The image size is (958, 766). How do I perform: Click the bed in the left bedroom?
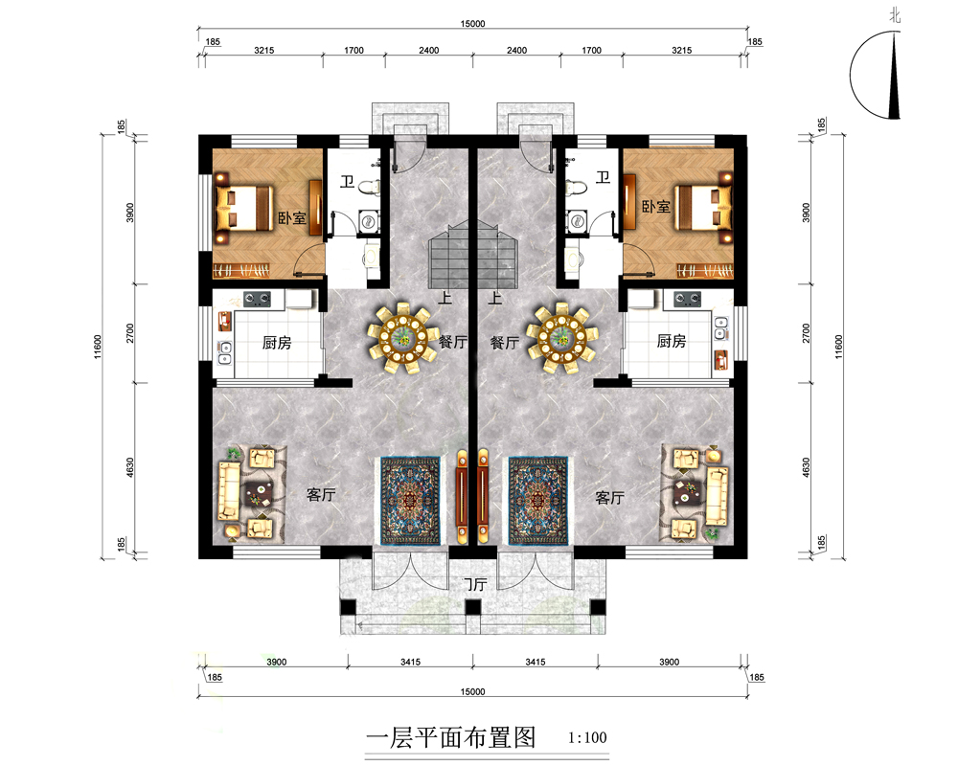pyautogui.click(x=243, y=209)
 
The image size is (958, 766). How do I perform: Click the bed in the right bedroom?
pyautogui.click(x=703, y=209)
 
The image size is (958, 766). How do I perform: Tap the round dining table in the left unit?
pyautogui.click(x=402, y=337)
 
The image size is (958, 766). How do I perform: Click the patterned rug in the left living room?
pyautogui.click(x=410, y=501)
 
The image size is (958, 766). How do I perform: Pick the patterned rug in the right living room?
pyautogui.click(x=537, y=501)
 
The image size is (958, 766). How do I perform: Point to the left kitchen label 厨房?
pyautogui.click(x=277, y=343)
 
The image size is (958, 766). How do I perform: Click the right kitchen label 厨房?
pyautogui.click(x=671, y=341)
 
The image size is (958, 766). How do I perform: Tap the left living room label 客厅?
pyautogui.click(x=321, y=494)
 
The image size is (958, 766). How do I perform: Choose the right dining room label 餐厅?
pyautogui.click(x=505, y=343)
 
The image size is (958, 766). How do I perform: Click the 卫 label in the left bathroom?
pyautogui.click(x=347, y=181)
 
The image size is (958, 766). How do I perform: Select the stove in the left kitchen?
pyautogui.click(x=257, y=300)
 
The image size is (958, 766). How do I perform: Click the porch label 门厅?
pyautogui.click(x=474, y=585)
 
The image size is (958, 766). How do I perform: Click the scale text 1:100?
pyautogui.click(x=587, y=738)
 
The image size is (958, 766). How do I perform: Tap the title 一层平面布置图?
pyautogui.click(x=451, y=738)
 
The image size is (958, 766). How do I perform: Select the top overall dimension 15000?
pyautogui.click(x=472, y=24)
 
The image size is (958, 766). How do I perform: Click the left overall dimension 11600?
pyautogui.click(x=98, y=347)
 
